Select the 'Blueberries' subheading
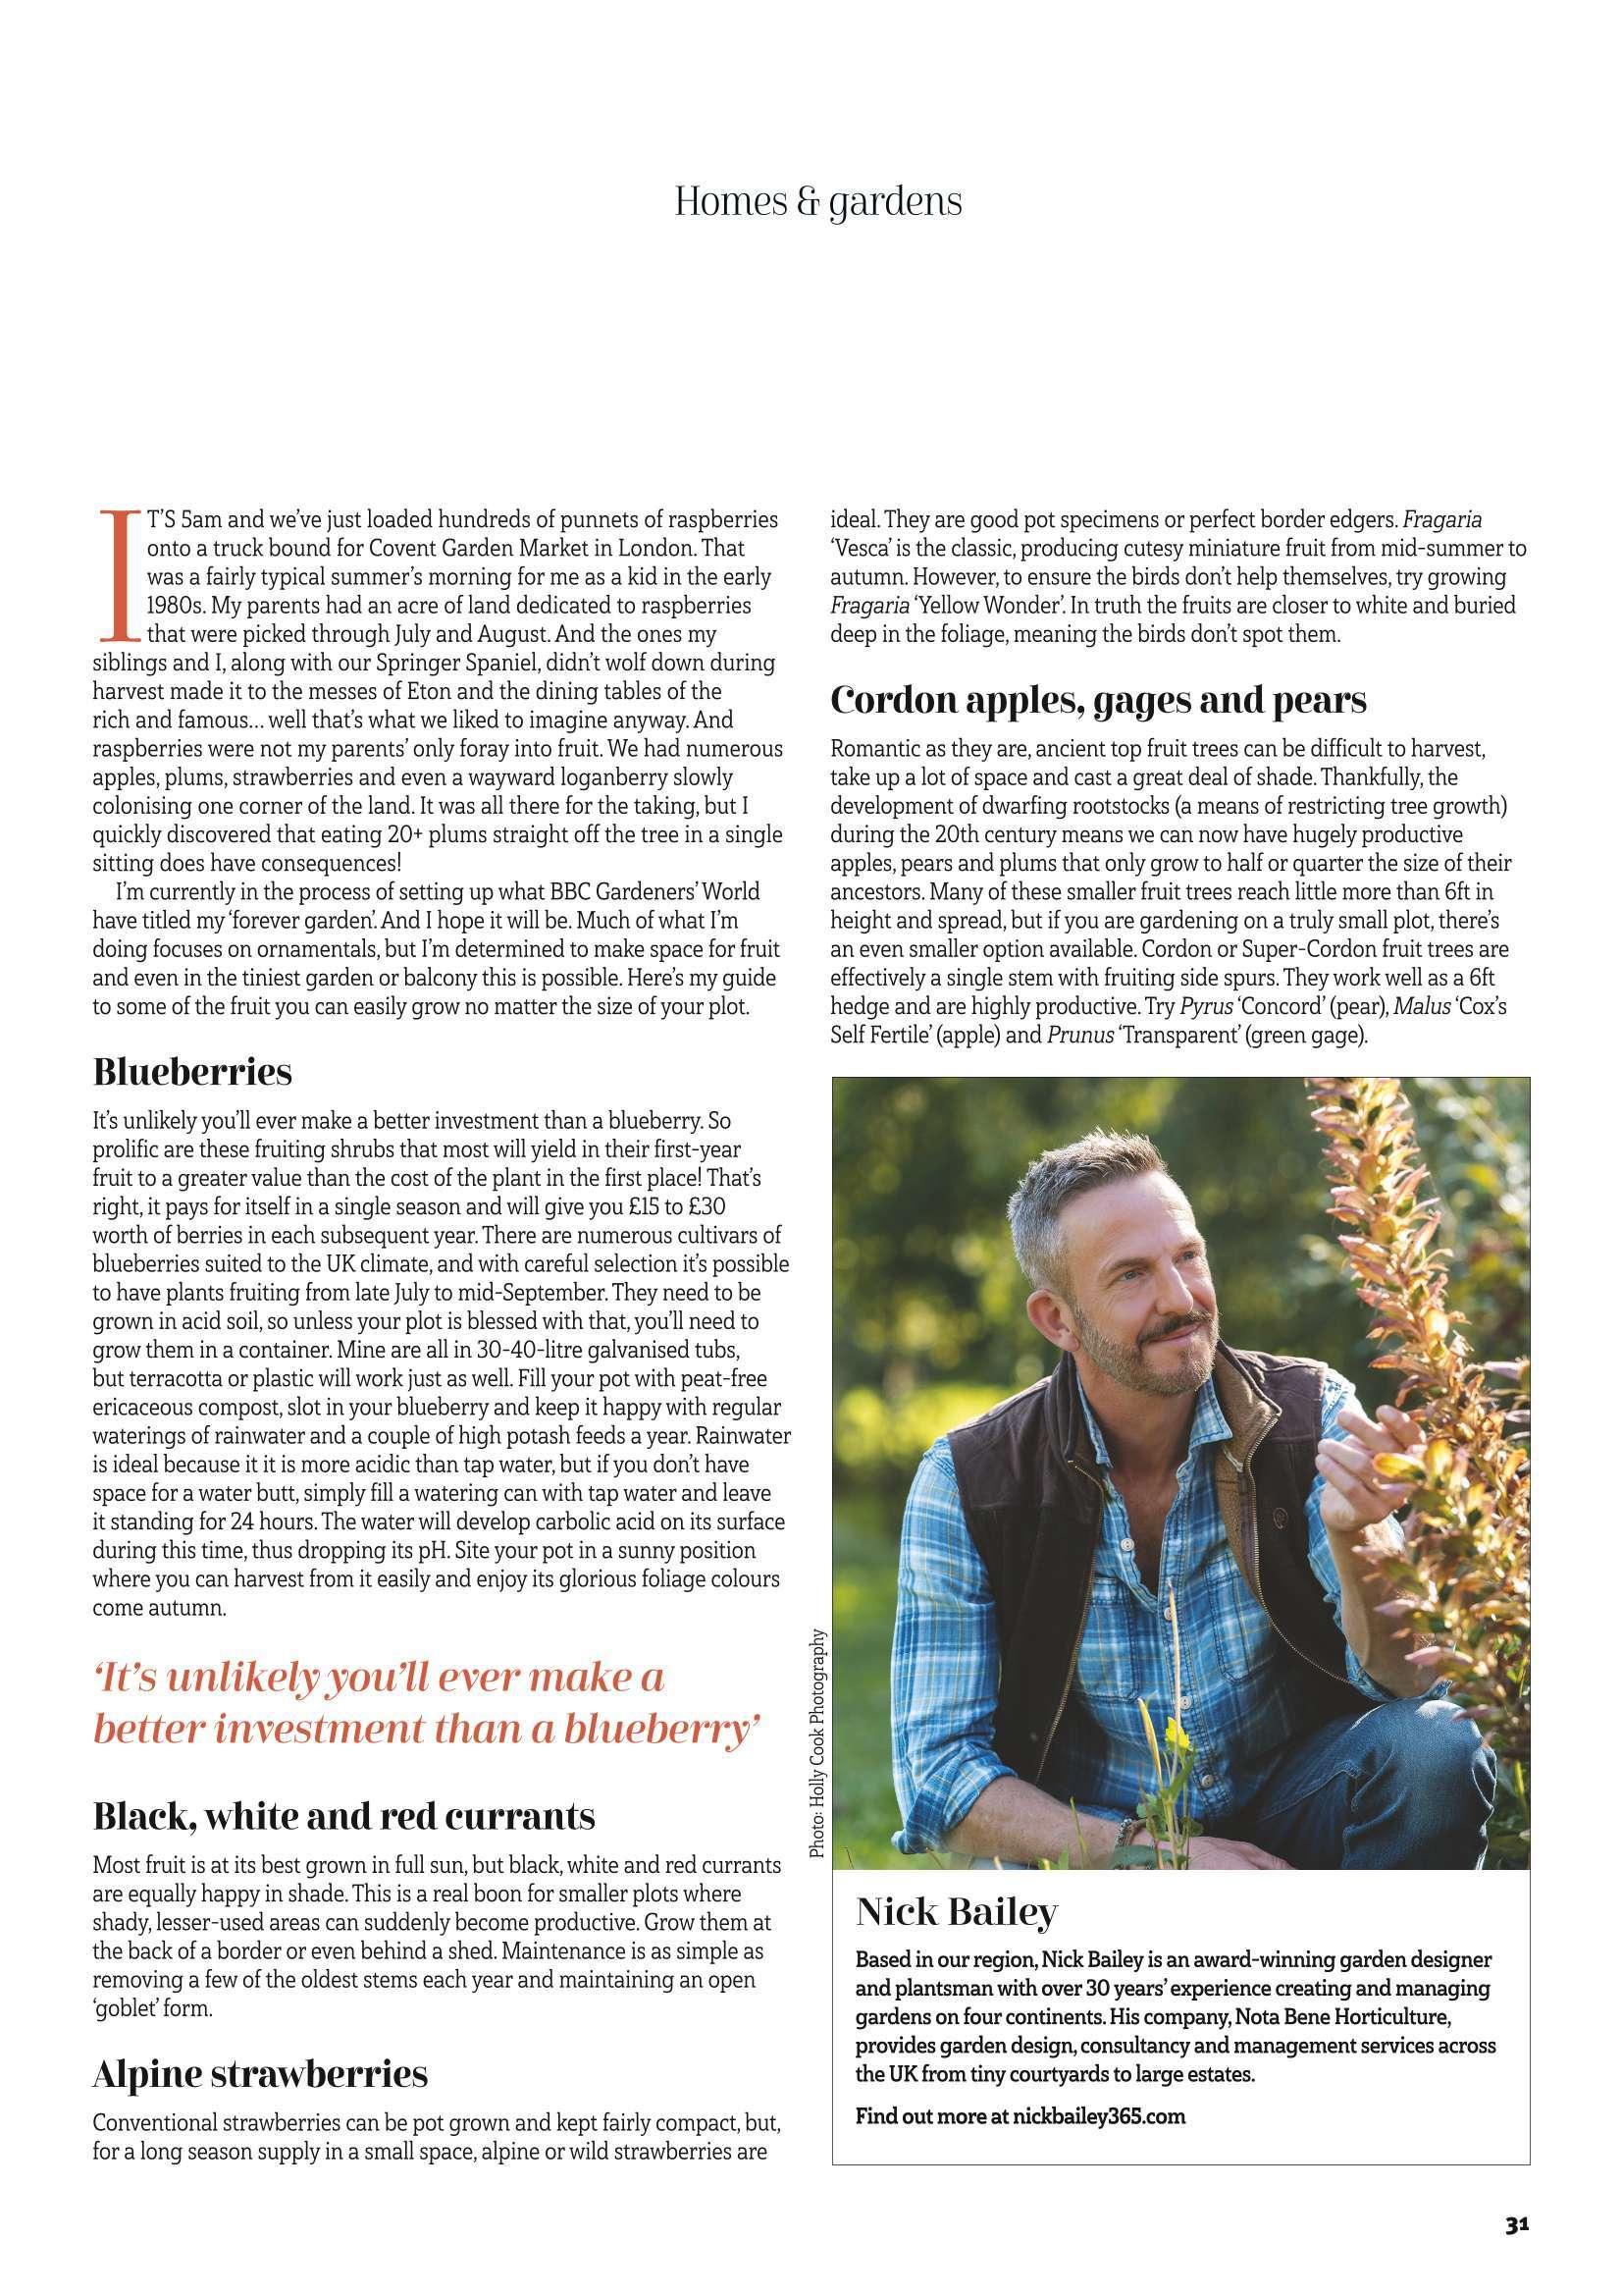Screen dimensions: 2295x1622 point(192,1072)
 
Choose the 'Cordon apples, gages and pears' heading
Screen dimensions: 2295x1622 point(1098,700)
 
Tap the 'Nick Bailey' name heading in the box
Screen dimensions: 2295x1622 point(957,1912)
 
